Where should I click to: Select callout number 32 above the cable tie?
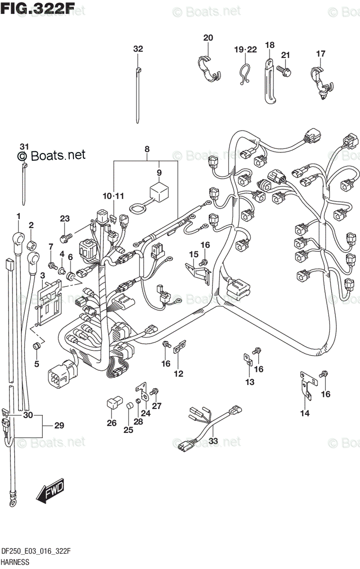click(x=138, y=49)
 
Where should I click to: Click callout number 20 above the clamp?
click(x=208, y=38)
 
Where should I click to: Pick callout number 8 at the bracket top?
click(x=147, y=149)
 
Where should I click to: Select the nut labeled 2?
click(x=32, y=245)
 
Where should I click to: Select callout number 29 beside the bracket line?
click(x=59, y=425)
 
